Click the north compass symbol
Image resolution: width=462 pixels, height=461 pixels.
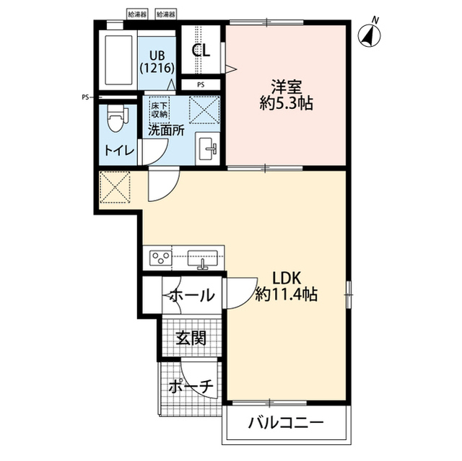[x=370, y=35]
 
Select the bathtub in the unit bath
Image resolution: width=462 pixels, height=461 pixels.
[x=118, y=60]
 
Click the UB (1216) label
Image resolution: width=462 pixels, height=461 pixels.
[x=157, y=62]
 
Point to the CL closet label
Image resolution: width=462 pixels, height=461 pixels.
[x=201, y=51]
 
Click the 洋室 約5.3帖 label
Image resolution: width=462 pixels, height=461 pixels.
[x=286, y=95]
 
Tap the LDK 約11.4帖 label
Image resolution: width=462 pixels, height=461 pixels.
[x=287, y=286]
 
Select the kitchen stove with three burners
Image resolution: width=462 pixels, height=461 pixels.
[x=160, y=258]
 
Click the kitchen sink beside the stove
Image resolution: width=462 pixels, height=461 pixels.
[x=203, y=259]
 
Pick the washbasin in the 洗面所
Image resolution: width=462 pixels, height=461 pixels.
[x=208, y=149]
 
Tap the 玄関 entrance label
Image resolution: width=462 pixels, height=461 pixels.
[x=191, y=338]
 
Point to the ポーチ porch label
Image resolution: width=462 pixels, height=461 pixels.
[x=191, y=387]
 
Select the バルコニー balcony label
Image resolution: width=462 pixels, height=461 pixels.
[x=286, y=423]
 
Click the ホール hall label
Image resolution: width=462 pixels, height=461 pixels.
[x=191, y=295]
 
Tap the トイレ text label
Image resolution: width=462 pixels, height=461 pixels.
[x=119, y=151]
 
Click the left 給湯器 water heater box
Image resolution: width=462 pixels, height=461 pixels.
[x=137, y=14]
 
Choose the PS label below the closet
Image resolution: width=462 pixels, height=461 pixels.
[x=201, y=85]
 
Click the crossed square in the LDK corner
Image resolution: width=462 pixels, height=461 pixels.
[x=115, y=188]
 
